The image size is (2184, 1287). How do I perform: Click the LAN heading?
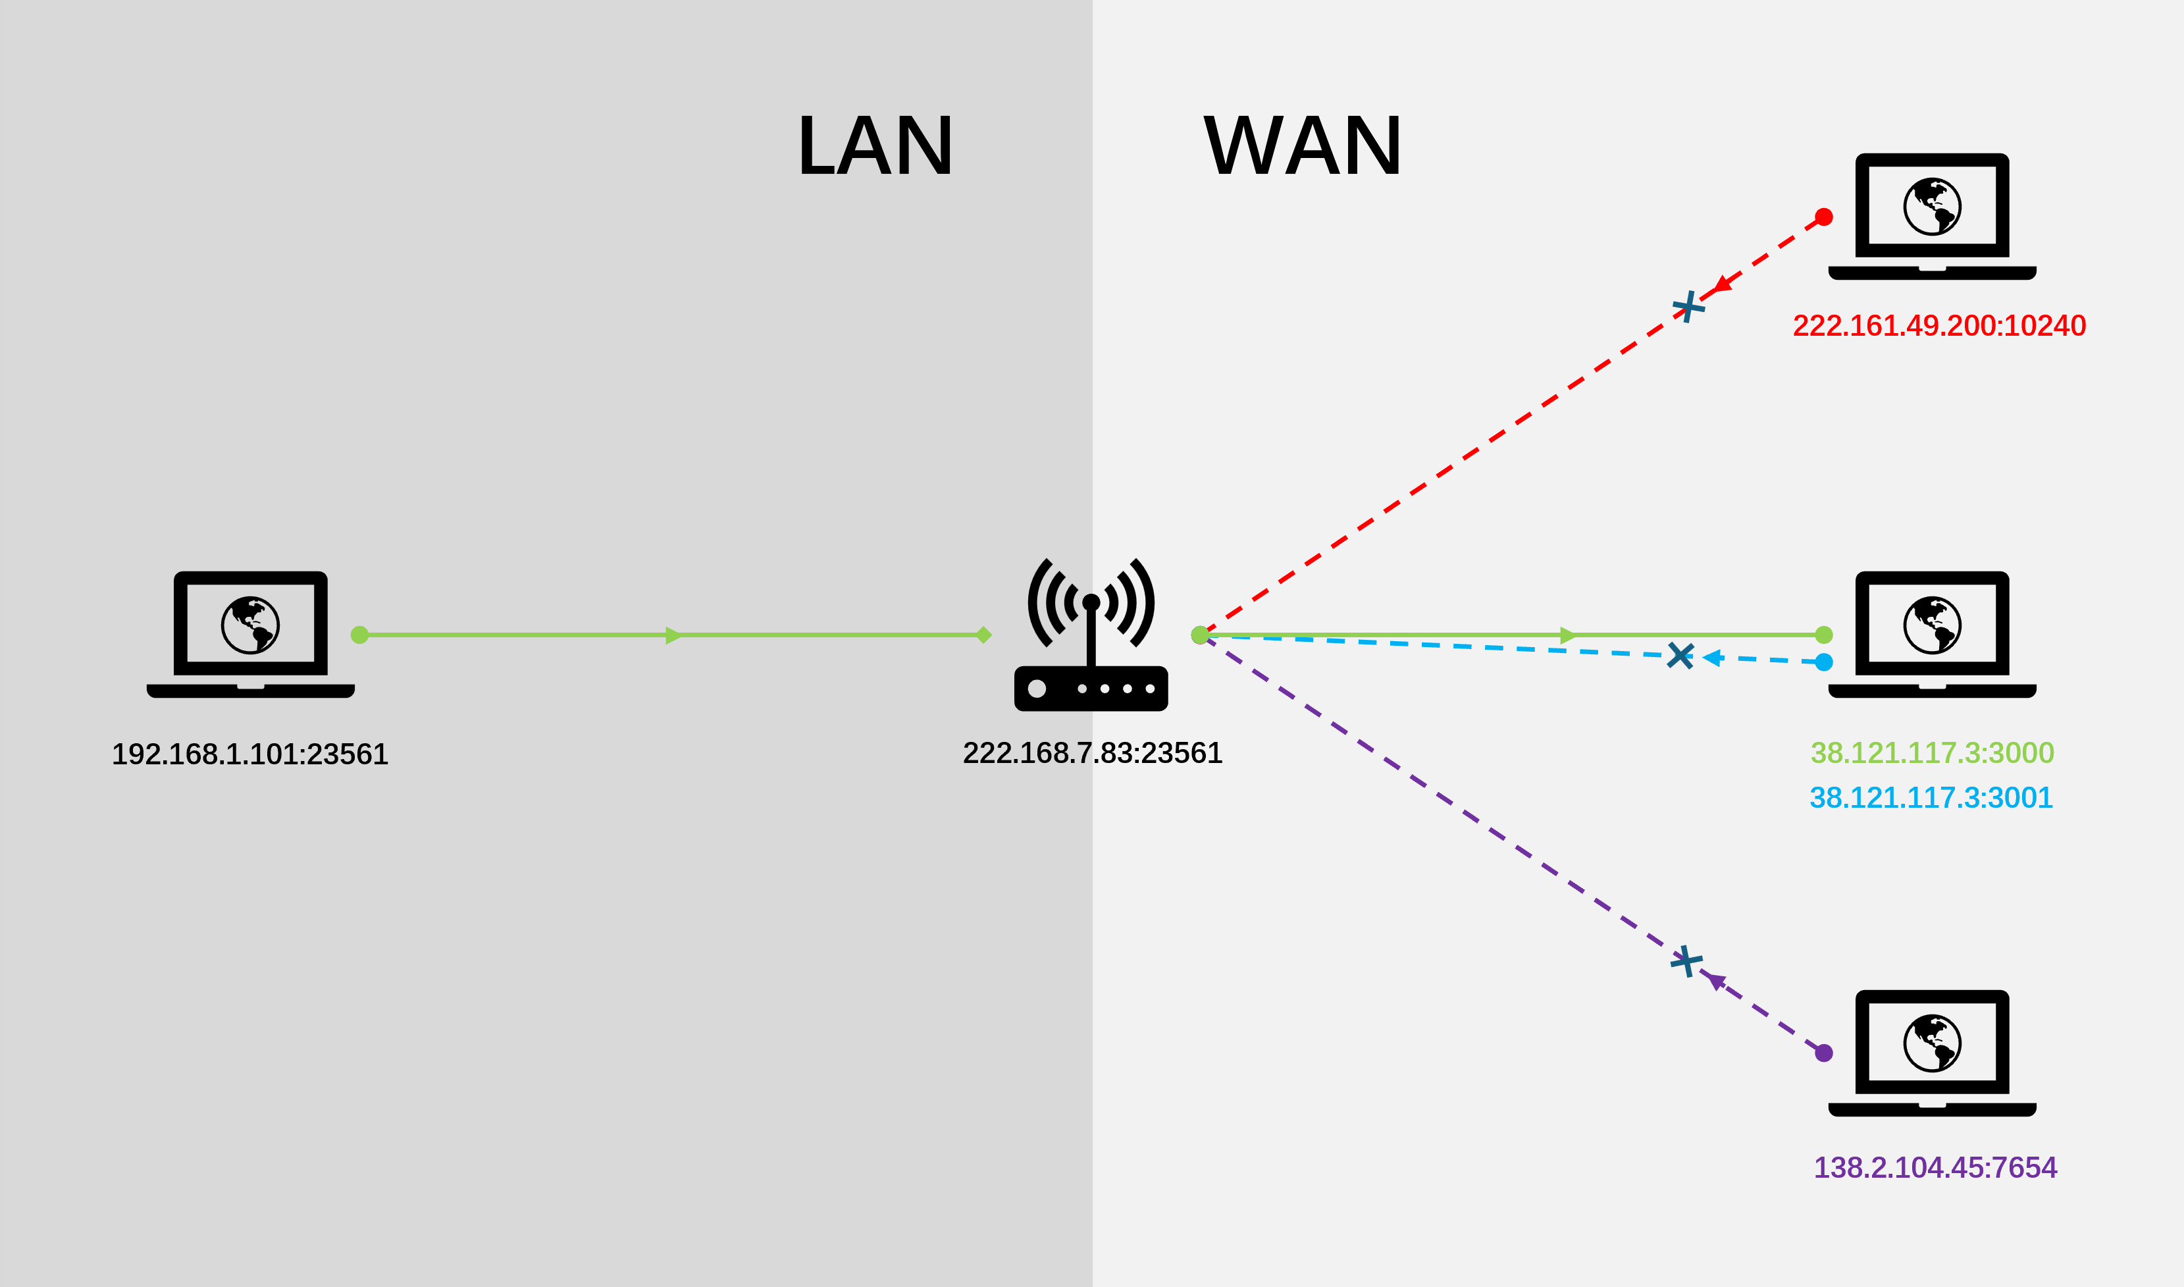tap(875, 145)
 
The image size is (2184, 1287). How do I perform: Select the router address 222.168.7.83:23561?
tap(1093, 752)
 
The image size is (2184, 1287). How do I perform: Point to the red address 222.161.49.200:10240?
tap(1940, 325)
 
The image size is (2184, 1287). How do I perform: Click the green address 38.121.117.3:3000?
tap(1933, 752)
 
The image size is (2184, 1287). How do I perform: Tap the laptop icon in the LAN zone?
tap(251, 635)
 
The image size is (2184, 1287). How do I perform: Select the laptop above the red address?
tap(1933, 217)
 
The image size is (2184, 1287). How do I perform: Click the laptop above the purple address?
tap(1933, 1053)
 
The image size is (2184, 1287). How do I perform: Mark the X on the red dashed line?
tap(1688, 306)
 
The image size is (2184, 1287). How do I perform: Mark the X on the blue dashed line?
tap(1680, 656)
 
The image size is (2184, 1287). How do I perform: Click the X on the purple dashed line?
tap(1686, 961)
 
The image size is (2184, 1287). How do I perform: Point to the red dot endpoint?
tap(1824, 217)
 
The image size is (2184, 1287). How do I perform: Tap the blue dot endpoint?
tap(1824, 662)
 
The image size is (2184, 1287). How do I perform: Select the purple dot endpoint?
tap(1824, 1053)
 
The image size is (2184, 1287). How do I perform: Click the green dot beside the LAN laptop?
tap(360, 635)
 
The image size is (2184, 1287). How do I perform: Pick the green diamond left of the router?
tap(983, 635)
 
